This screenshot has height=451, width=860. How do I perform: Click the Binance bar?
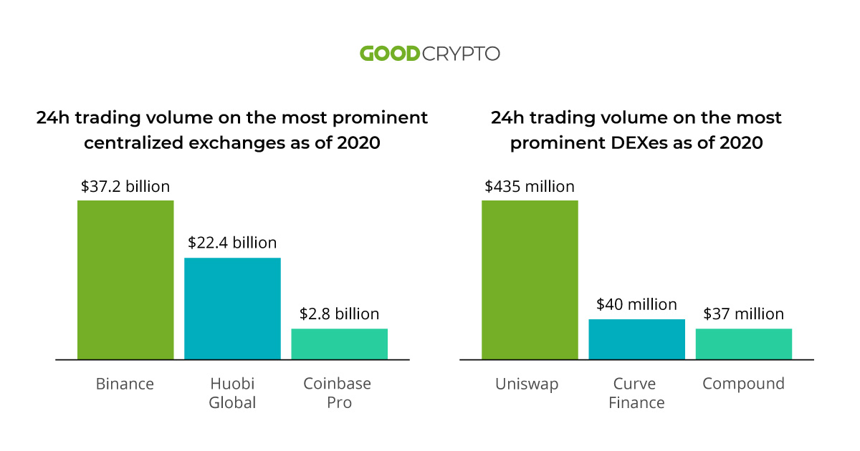(x=125, y=279)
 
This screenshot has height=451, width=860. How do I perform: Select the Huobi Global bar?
(x=232, y=308)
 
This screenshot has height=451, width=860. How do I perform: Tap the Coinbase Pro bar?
(x=339, y=344)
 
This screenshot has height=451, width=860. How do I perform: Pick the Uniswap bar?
(x=530, y=279)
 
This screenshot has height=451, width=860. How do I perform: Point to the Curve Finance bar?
(x=636, y=339)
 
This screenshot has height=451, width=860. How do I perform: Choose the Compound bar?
(x=743, y=344)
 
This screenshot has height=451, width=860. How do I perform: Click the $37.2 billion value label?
(x=125, y=187)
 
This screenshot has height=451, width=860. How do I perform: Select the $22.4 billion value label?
(x=232, y=243)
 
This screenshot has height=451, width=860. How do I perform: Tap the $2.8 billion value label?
(x=339, y=314)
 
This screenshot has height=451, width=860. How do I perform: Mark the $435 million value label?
(x=530, y=187)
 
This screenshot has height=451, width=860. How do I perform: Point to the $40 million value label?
(x=636, y=305)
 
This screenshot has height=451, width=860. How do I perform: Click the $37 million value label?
(x=743, y=314)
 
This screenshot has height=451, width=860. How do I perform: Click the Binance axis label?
(x=125, y=384)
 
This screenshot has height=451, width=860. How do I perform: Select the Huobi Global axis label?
(x=232, y=393)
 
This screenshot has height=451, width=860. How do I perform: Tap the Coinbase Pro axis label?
(x=339, y=393)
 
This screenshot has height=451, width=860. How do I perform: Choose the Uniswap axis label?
(x=527, y=384)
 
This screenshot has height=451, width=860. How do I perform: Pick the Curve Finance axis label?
(x=636, y=393)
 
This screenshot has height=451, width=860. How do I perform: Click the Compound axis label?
(x=743, y=384)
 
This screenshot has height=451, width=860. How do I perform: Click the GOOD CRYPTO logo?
(x=429, y=54)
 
